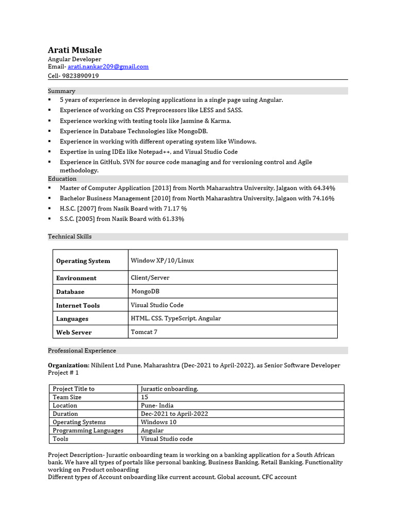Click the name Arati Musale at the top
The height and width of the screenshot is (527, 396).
pos(75,50)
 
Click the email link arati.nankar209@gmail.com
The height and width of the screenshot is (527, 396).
pos(108,66)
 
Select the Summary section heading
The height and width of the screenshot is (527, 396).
pos(61,91)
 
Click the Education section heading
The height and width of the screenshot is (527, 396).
pos(62,179)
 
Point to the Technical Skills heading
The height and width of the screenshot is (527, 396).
pos(70,236)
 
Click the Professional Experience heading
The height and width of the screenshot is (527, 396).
pos(82,350)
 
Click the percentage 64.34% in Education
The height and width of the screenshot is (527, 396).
pos(322,188)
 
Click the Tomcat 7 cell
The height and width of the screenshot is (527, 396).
pos(144,332)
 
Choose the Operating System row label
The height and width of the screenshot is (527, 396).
pos(83,261)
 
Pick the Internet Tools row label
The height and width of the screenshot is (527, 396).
pos(78,305)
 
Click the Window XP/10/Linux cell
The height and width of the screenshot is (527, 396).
pos(162,260)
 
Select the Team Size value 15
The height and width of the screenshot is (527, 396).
pos(144,397)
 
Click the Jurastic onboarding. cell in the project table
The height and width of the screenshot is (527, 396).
pos(169,389)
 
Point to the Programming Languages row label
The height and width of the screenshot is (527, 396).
pos(88,430)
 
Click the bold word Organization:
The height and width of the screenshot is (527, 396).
pos(69,365)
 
